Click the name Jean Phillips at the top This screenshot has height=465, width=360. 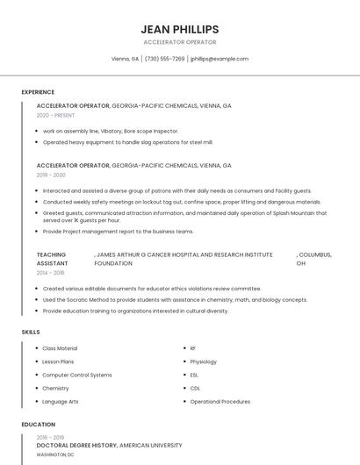point(180,29)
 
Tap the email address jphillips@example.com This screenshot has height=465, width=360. point(220,59)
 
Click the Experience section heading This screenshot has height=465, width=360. point(38,92)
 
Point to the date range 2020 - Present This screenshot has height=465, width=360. point(55,115)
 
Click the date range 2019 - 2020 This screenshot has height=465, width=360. point(52,175)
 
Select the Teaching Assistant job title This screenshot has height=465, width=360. point(52,258)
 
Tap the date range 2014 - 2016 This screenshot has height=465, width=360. point(51,273)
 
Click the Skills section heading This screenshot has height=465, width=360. point(31,333)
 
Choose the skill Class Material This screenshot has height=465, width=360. point(60,348)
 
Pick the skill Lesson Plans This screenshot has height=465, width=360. point(58,361)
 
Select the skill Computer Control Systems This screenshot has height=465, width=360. point(77,375)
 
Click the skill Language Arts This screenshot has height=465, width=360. point(61,401)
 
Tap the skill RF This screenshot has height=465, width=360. point(193,348)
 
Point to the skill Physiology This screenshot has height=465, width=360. point(204,361)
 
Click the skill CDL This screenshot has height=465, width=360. point(195,388)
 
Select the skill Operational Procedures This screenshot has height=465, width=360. point(220,401)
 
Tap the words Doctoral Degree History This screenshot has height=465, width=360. point(76,446)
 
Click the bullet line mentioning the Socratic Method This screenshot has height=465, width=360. point(175,299)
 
